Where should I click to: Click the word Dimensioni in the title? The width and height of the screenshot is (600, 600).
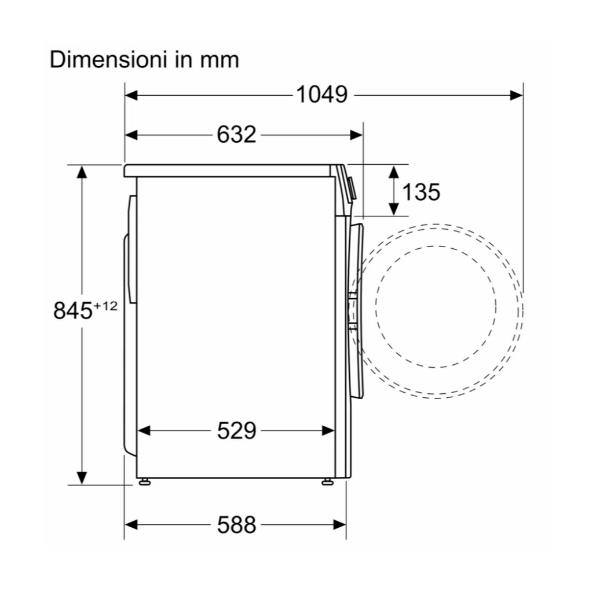coord(108,60)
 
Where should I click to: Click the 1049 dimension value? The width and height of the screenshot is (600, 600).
coord(322,95)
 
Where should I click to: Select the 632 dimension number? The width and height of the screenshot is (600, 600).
coord(236,135)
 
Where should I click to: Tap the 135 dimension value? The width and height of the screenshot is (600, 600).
coord(421,192)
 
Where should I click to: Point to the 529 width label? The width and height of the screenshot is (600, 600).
coord(236,431)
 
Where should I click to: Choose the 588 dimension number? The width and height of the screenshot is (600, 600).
coord(236,525)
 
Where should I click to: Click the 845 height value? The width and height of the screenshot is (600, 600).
coord(73,310)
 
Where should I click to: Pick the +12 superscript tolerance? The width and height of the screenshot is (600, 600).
coord(106,306)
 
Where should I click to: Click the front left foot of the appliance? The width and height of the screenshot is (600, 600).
coord(144,482)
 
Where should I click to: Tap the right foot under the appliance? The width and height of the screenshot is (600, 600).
coord(328,482)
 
